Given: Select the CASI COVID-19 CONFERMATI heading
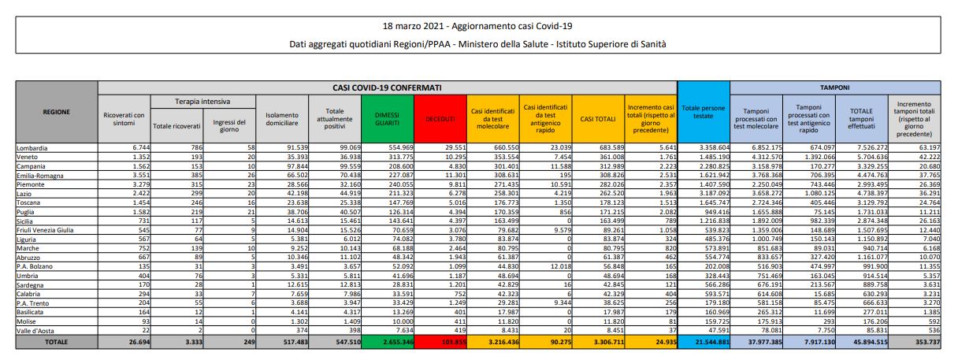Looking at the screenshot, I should [x=387, y=87].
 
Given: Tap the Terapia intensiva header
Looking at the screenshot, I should [x=202, y=102].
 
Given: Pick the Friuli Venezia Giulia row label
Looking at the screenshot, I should [x=46, y=230].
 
